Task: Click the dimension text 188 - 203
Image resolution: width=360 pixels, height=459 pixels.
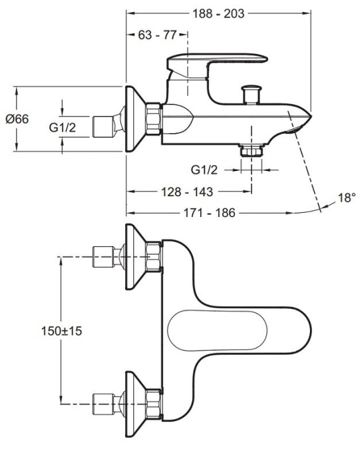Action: click(x=219, y=13)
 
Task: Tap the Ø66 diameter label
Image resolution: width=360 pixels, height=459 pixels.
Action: click(x=17, y=119)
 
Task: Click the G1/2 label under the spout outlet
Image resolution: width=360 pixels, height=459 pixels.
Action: click(x=204, y=170)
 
